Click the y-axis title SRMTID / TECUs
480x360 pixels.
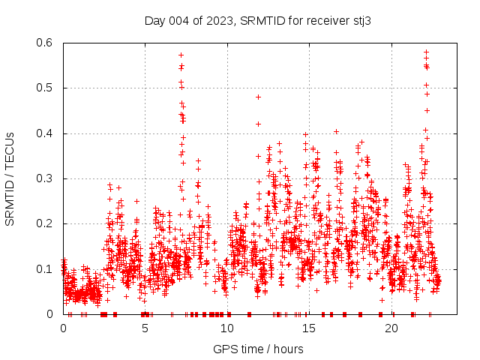point(10,178)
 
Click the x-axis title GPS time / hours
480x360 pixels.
point(258,349)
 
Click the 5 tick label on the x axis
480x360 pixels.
point(145,328)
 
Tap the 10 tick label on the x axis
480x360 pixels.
point(227,328)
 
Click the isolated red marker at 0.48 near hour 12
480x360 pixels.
point(259,97)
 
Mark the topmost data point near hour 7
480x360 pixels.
point(181,55)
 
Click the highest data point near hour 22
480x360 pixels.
point(426,52)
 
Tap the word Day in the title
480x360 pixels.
point(154,21)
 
